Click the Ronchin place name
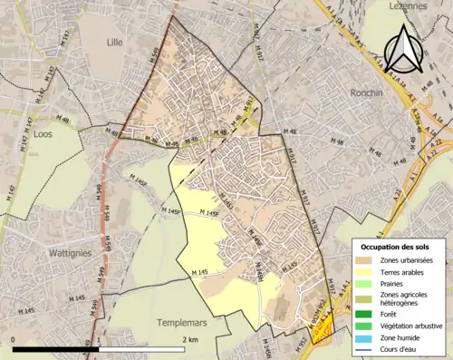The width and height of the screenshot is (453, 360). [369, 92]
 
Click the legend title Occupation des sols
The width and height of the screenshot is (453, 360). [399, 246]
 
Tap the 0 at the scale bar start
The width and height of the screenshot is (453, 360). [14, 340]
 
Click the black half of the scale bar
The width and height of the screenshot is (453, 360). [55, 349]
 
